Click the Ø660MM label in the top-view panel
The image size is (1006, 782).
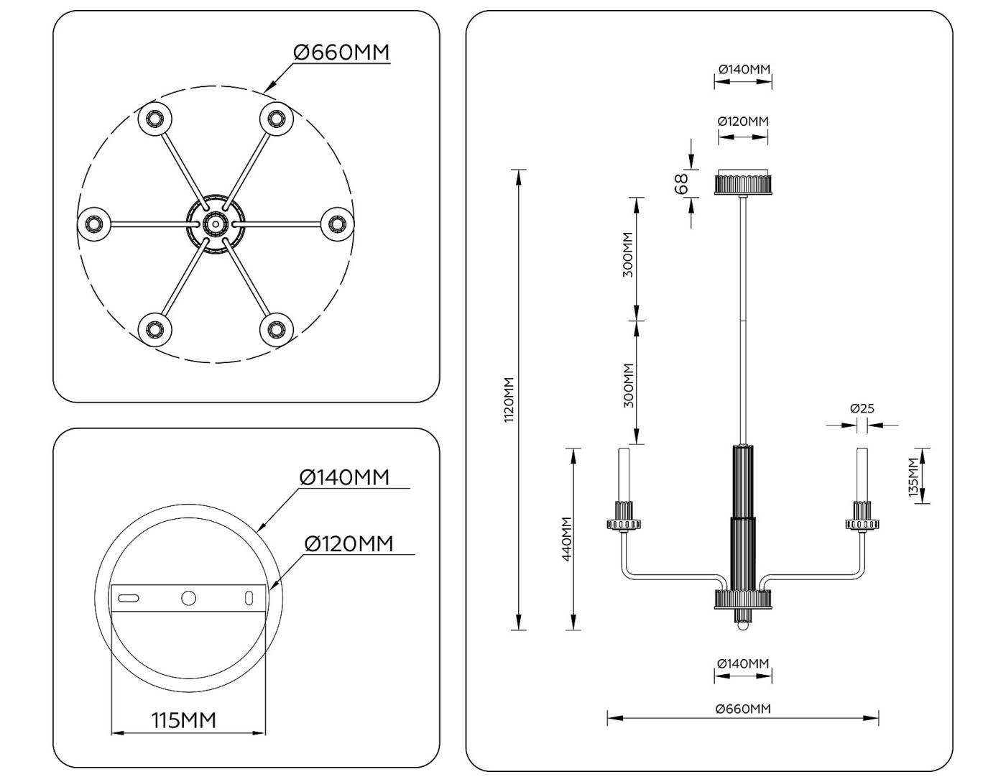(341, 52)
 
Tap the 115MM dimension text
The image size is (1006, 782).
(183, 719)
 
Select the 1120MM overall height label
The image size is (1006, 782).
(509, 400)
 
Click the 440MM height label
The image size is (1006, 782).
(566, 539)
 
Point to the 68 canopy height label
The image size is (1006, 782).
(682, 183)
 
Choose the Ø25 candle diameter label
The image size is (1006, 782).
(862, 408)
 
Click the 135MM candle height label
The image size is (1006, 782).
(913, 477)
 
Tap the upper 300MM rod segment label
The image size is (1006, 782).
(627, 255)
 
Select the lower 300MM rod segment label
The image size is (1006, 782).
(628, 385)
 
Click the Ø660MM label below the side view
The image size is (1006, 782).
(743, 709)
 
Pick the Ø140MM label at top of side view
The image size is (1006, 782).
(744, 69)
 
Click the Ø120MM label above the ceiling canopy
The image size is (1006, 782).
(743, 121)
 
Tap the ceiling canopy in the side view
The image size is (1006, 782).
(743, 183)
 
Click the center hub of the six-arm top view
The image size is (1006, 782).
(214, 224)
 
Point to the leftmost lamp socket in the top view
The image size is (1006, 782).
(93, 224)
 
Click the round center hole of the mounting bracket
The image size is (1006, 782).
(188, 597)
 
